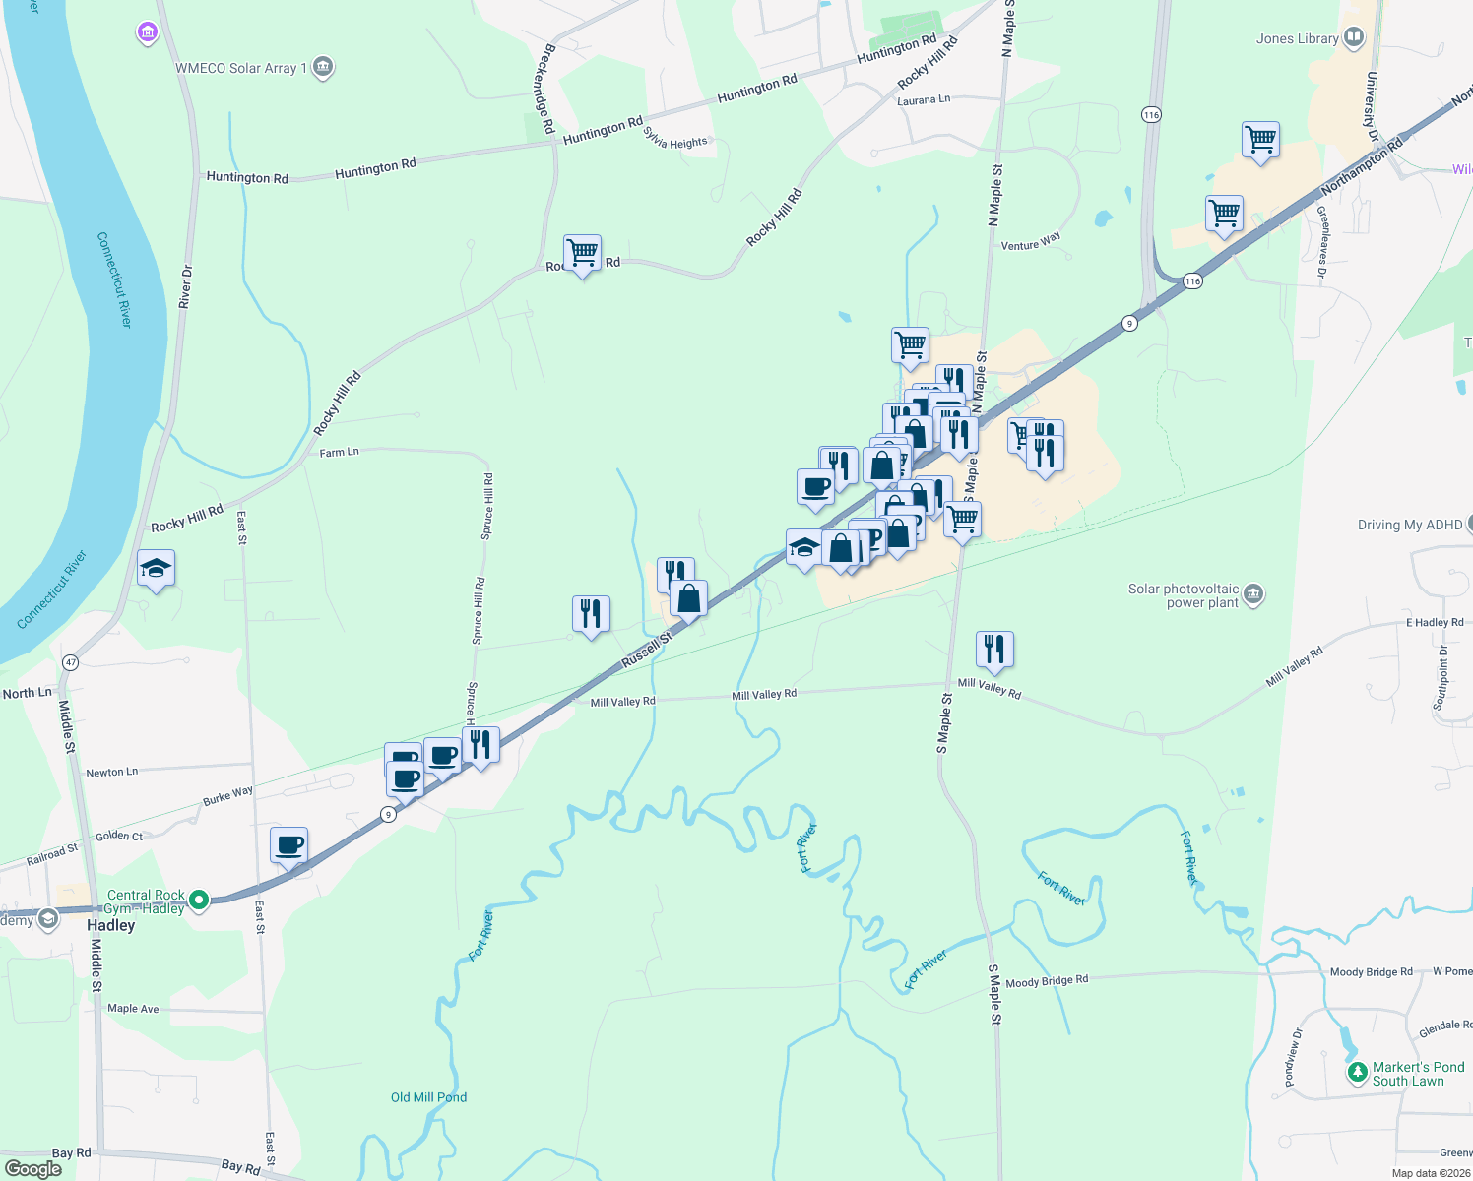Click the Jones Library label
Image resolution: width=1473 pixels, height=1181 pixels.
1297,39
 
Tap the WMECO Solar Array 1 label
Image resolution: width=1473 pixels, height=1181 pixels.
241,68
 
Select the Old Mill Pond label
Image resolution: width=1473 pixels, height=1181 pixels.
428,1097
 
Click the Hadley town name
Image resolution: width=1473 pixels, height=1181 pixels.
110,925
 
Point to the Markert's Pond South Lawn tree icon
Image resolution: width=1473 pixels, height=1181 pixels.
1357,1071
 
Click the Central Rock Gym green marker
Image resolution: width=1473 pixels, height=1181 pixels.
199,900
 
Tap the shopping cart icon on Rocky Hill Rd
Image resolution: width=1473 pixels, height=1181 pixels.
582,253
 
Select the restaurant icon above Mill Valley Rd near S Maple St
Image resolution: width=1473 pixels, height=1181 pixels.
994,649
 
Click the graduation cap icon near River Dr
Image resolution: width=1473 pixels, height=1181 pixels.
156,568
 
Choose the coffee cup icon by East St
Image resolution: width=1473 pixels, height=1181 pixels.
289,844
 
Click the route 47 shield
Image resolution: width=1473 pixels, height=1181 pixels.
70,662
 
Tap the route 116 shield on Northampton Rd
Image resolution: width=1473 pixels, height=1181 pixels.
1192,281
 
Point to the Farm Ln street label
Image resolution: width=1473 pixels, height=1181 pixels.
339,453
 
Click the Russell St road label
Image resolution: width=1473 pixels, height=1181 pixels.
647,651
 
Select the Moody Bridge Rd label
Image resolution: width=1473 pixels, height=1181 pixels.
1047,980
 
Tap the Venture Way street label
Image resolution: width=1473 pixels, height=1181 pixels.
1031,241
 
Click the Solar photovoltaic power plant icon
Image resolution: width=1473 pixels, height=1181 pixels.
1253,593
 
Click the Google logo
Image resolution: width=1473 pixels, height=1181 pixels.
32,1168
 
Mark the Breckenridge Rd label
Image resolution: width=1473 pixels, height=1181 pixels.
544,89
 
